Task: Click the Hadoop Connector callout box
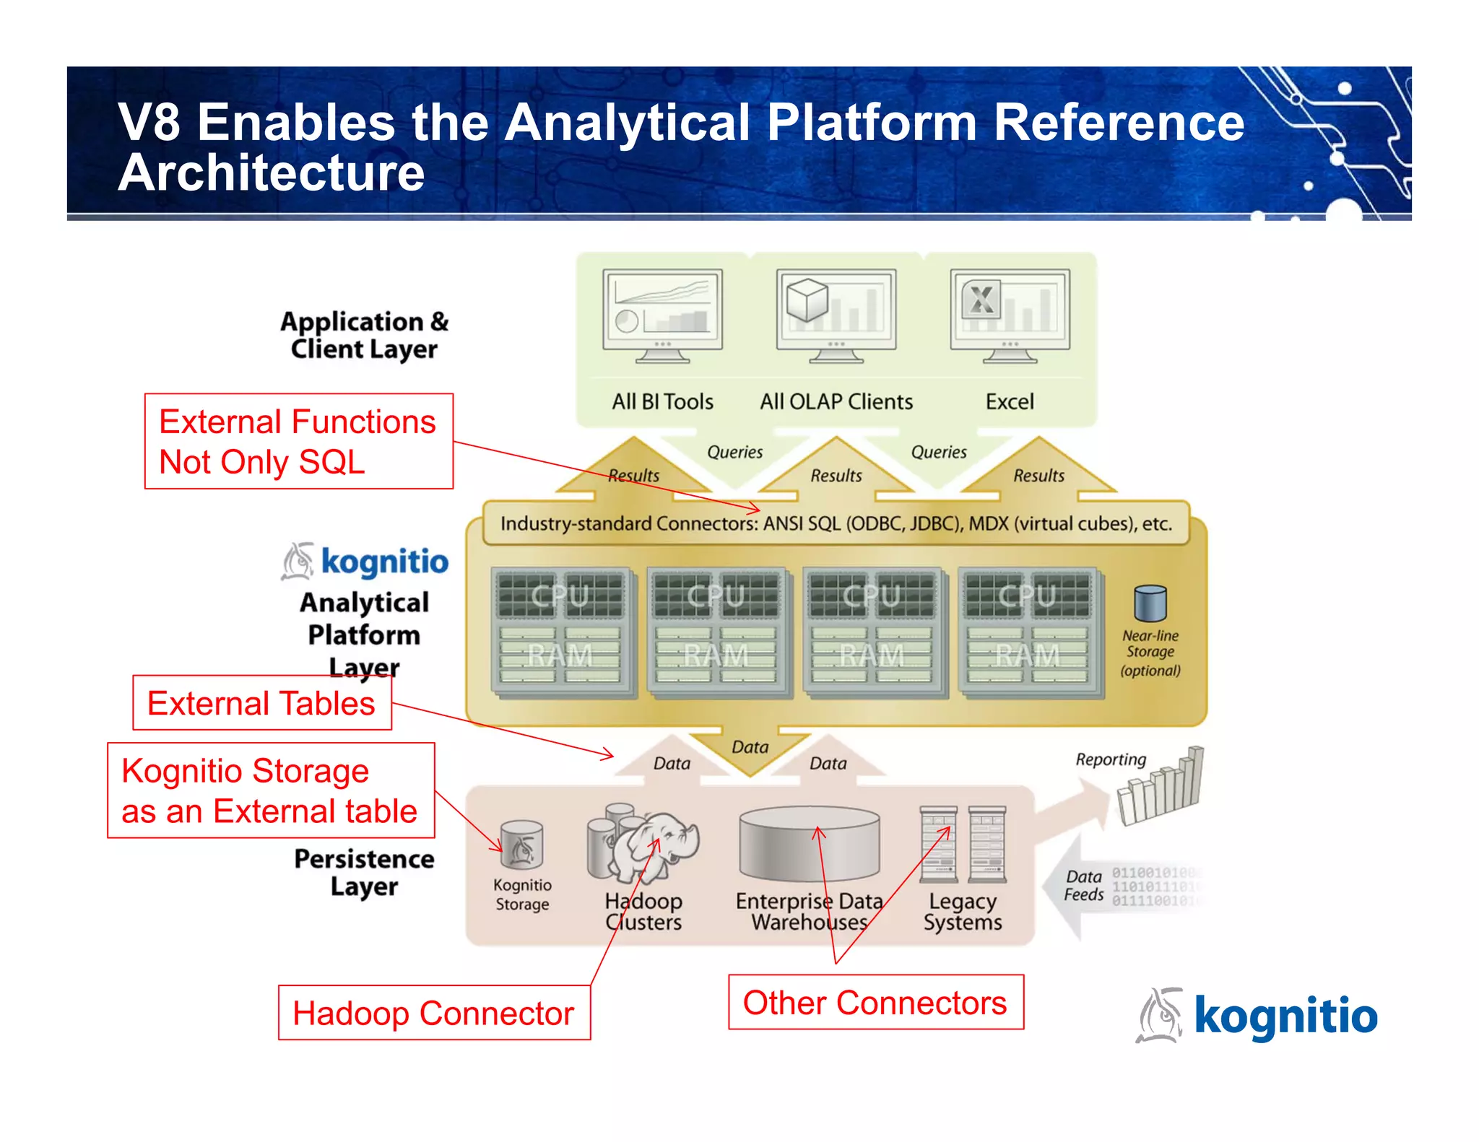(x=434, y=1012)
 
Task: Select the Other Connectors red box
(x=875, y=1002)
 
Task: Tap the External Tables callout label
(x=261, y=703)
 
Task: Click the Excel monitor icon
(x=1010, y=315)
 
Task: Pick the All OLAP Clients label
(x=836, y=401)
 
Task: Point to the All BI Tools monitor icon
(x=662, y=315)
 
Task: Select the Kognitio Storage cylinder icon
(x=521, y=845)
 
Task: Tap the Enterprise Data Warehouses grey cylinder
(x=809, y=845)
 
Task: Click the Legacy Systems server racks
(x=963, y=845)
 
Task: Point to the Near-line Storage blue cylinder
(x=1150, y=603)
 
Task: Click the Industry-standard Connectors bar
(x=836, y=523)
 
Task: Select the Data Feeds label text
(x=1083, y=886)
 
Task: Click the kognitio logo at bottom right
(x=1257, y=1016)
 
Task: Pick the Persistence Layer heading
(x=364, y=872)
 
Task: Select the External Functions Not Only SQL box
(x=298, y=441)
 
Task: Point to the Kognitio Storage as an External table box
(x=270, y=790)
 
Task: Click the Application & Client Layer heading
(x=364, y=335)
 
